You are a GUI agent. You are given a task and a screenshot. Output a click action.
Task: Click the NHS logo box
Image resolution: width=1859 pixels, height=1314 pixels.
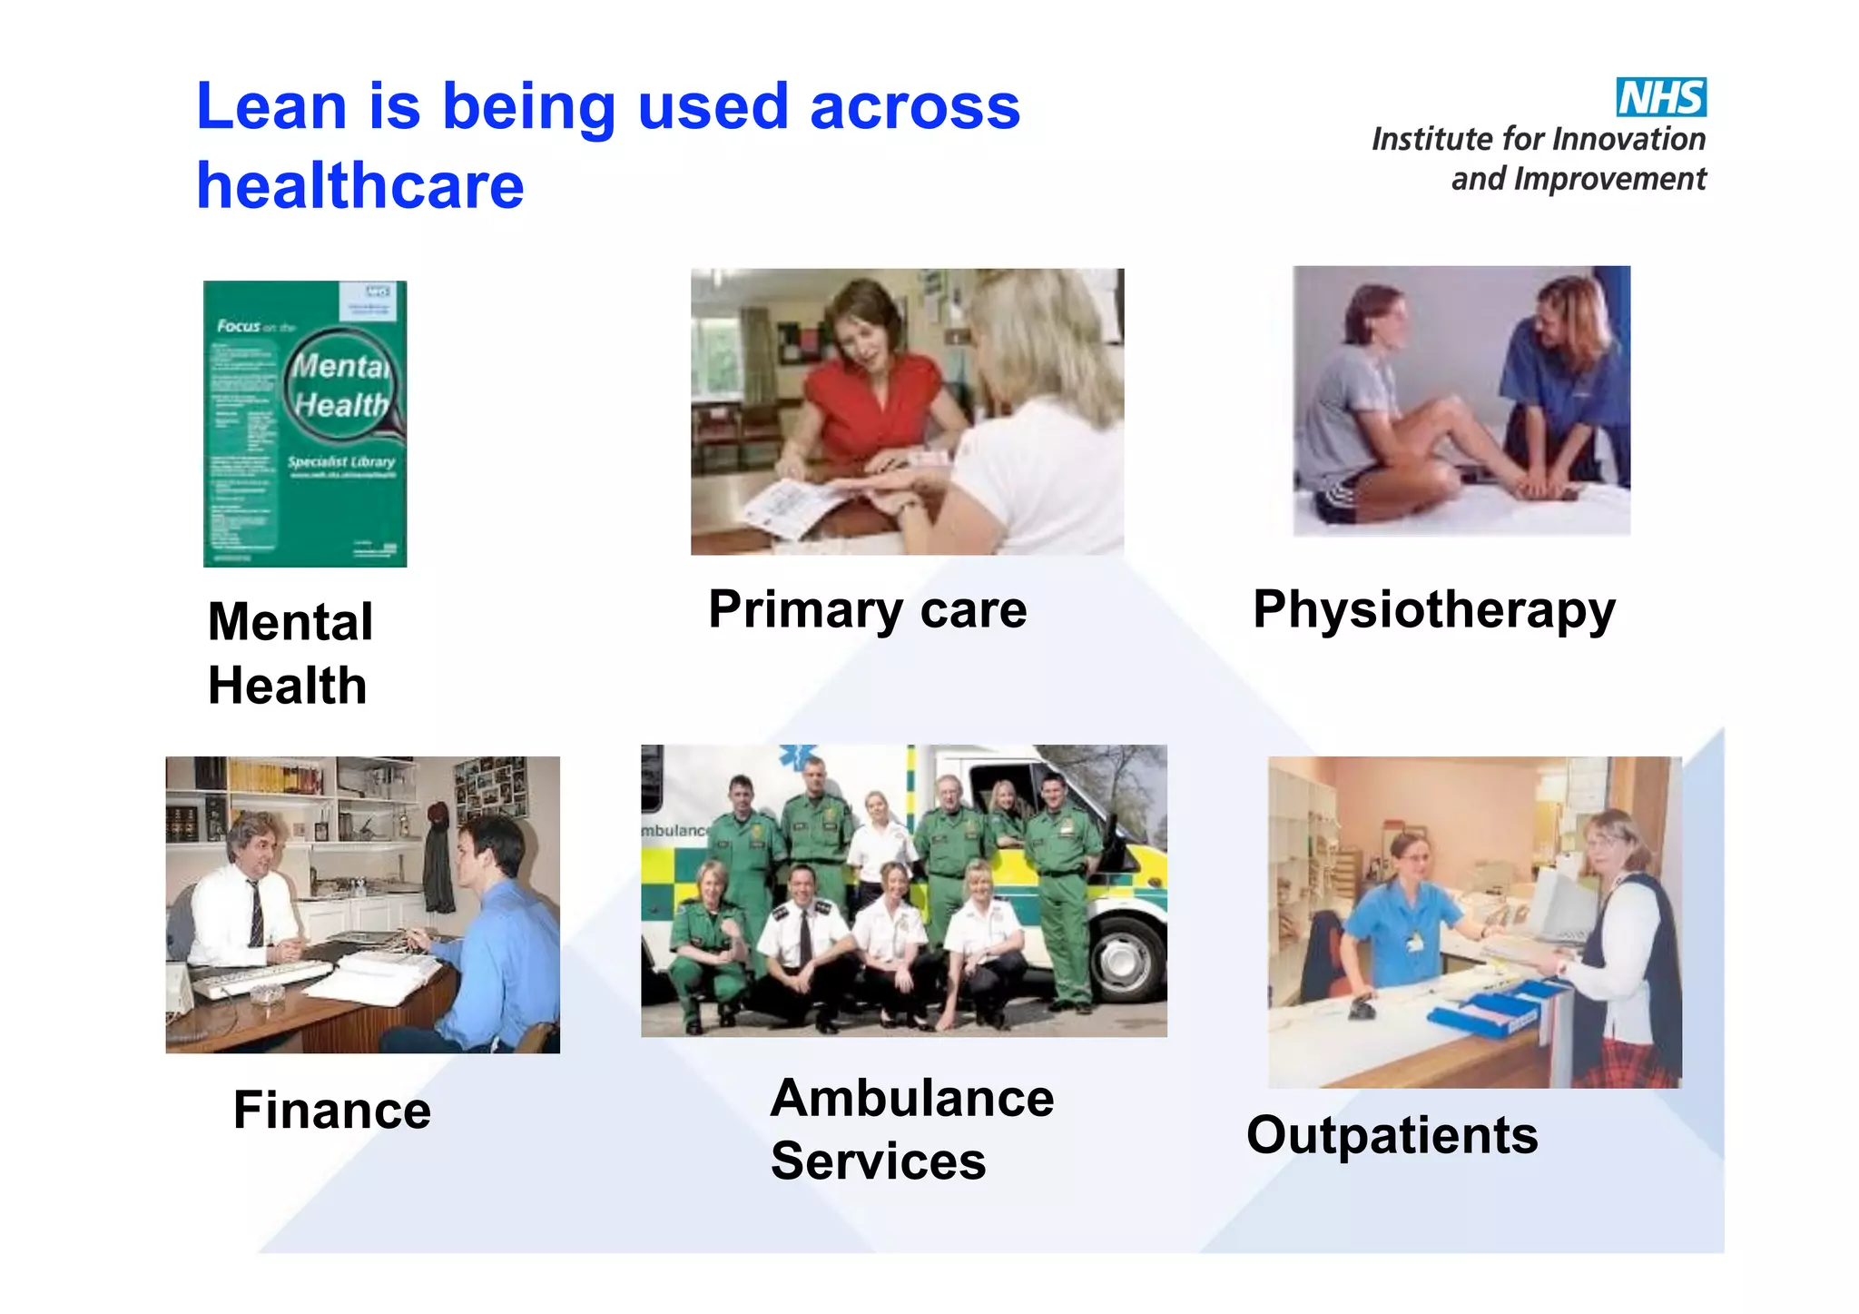tap(1660, 97)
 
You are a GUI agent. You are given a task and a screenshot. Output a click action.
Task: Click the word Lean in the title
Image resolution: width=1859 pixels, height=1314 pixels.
tap(271, 107)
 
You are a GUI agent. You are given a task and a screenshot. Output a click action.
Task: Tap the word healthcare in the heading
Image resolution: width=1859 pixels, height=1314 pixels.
tap(360, 186)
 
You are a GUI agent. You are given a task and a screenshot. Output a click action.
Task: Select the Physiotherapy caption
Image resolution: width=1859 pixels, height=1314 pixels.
tap(1434, 609)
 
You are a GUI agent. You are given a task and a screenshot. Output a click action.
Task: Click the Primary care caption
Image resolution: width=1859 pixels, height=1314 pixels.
tap(867, 609)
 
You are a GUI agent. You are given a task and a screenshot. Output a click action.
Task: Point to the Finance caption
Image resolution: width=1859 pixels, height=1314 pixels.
tap(332, 1110)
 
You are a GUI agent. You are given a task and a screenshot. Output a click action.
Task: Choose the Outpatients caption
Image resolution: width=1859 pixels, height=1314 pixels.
tap(1392, 1135)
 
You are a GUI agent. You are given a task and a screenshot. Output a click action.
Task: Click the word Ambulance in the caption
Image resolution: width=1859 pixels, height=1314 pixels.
tap(911, 1098)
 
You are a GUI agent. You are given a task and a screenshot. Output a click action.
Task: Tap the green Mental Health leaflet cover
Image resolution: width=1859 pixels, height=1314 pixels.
tap(305, 424)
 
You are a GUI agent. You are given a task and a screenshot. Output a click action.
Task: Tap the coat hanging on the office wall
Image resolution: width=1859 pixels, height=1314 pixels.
tap(438, 863)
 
